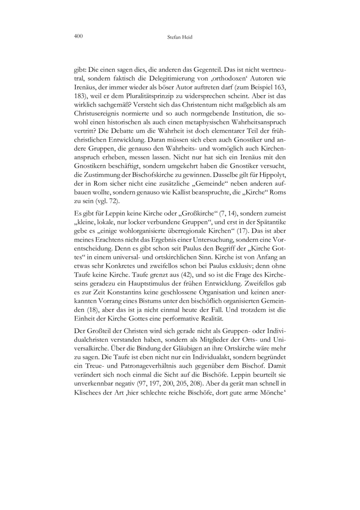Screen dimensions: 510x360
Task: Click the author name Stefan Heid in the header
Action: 180,37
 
